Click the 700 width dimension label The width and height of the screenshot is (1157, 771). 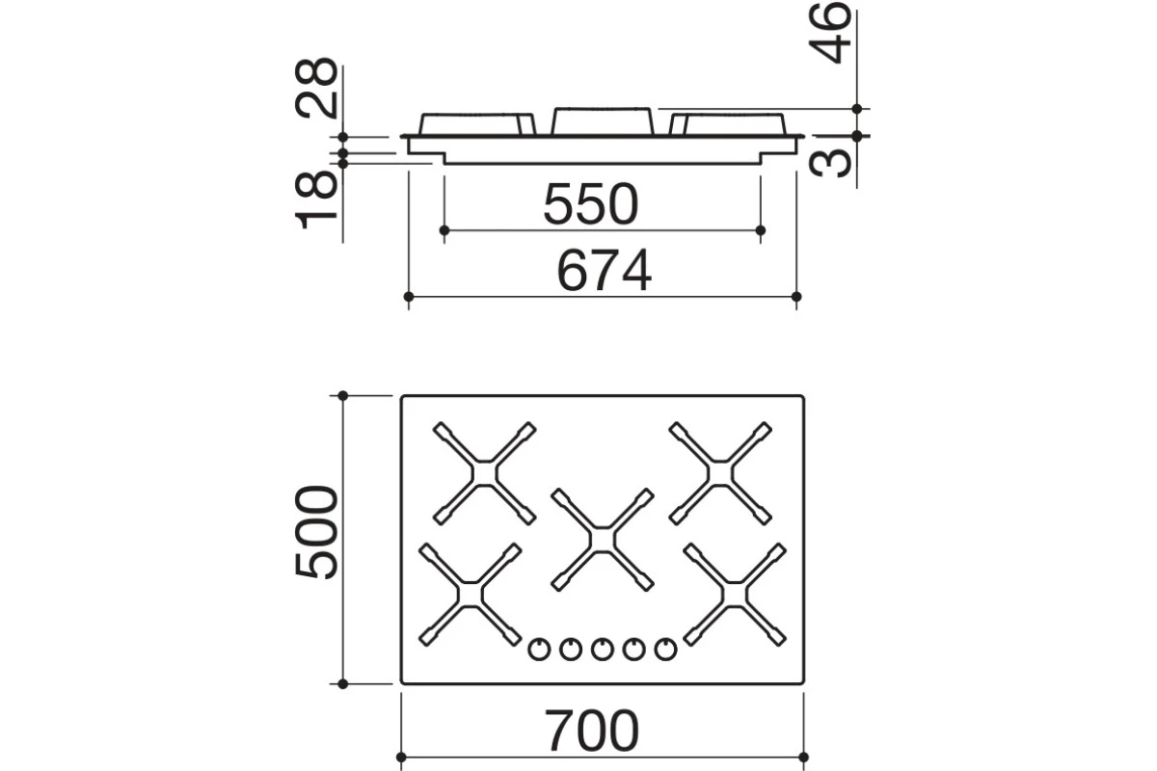click(x=592, y=731)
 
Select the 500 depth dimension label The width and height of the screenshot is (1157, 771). click(x=316, y=532)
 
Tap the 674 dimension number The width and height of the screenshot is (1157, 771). click(x=605, y=271)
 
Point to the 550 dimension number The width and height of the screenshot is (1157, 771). click(x=591, y=204)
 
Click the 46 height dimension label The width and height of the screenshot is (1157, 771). click(x=829, y=33)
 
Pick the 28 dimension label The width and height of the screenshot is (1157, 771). click(x=316, y=88)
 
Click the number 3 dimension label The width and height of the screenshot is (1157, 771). click(x=829, y=163)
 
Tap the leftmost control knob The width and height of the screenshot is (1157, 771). click(x=539, y=650)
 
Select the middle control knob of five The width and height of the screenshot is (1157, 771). click(x=603, y=650)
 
